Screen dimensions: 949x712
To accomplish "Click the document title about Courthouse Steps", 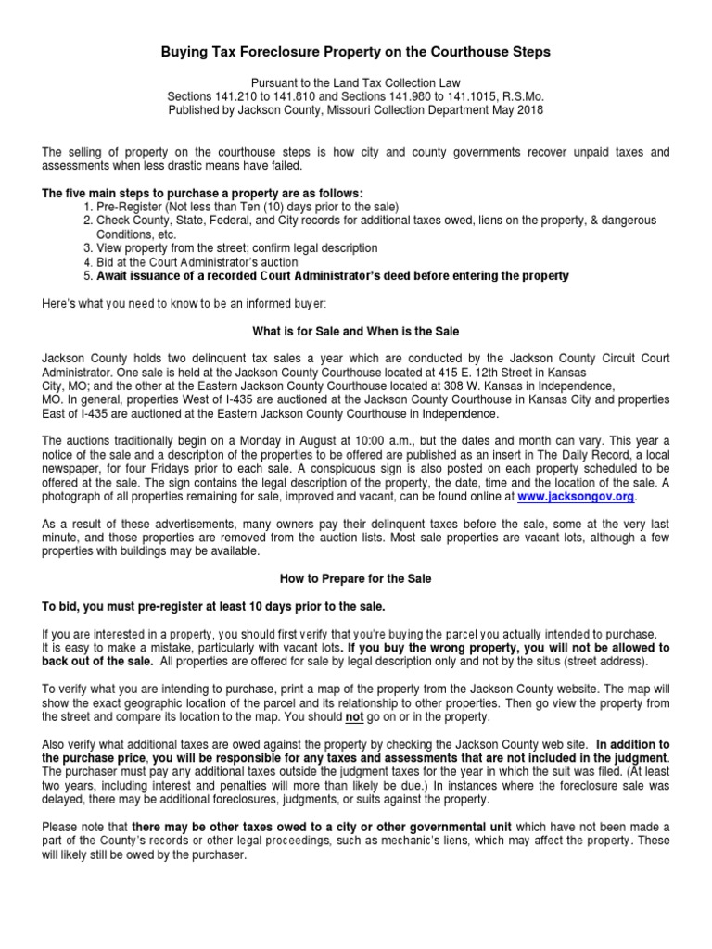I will point(356,53).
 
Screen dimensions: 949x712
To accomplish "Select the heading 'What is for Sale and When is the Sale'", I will point(356,331).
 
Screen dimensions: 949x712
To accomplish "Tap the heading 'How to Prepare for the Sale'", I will point(356,578).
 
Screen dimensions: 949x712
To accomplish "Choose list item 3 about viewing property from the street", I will point(225,247).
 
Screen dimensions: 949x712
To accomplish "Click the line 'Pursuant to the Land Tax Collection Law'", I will point(356,82).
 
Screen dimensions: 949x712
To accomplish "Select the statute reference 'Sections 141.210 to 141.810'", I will point(244,95).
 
